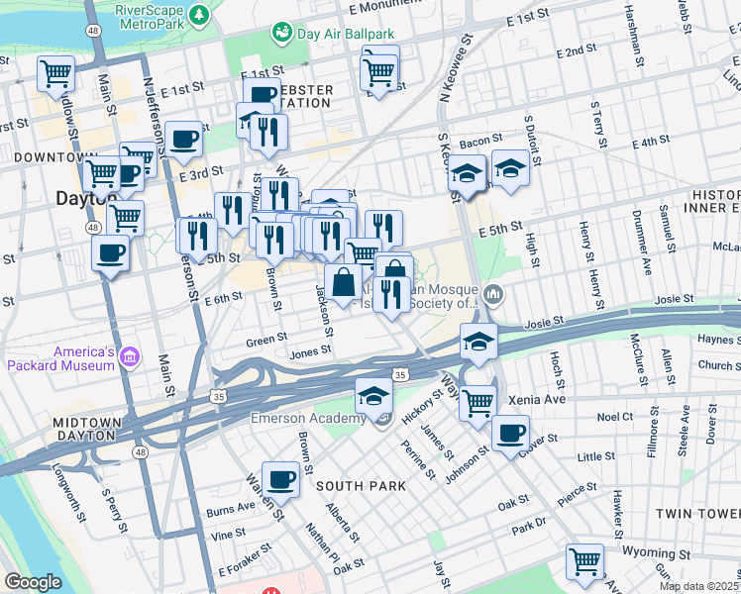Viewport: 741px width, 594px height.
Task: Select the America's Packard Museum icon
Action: pyautogui.click(x=129, y=356)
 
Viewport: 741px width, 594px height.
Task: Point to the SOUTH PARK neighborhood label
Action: pyautogui.click(x=361, y=486)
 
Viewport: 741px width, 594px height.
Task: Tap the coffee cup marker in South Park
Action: pyautogui.click(x=282, y=479)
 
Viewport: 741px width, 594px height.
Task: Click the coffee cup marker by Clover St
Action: pyautogui.click(x=510, y=434)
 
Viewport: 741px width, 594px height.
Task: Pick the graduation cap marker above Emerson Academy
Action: pyautogui.click(x=373, y=396)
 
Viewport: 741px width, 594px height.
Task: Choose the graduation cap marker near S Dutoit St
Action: pyautogui.click(x=511, y=168)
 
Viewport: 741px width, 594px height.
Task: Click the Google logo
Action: pyautogui.click(x=32, y=582)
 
